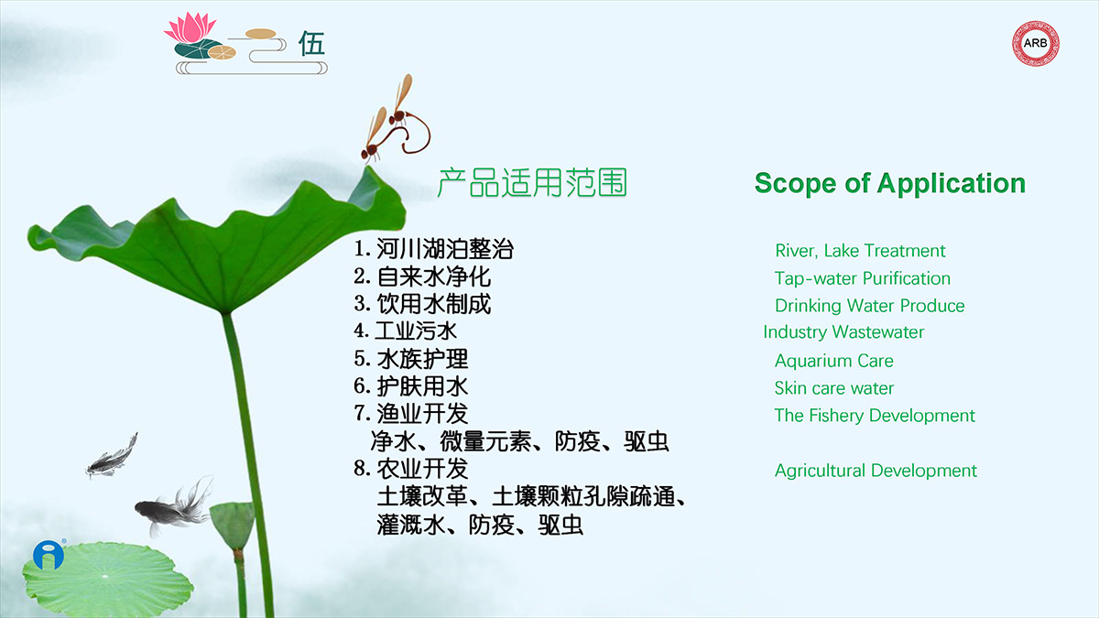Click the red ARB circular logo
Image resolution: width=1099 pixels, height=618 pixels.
(x=1035, y=43)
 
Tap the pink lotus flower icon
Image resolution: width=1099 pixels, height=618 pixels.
(x=190, y=27)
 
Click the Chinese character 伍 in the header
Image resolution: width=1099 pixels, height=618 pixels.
(x=311, y=44)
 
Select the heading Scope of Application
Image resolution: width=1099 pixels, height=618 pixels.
(x=890, y=183)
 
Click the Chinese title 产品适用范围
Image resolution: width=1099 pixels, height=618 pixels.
(x=532, y=182)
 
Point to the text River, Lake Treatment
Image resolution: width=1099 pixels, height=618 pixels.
(x=860, y=251)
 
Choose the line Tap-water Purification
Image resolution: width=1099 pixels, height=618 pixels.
(x=863, y=278)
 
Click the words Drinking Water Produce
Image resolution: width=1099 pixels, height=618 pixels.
(x=869, y=306)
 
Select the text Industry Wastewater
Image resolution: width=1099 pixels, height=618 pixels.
(x=843, y=332)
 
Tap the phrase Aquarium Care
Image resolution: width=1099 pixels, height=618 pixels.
(x=834, y=361)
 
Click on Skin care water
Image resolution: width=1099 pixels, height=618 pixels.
(x=834, y=388)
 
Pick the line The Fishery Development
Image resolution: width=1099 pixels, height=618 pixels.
(x=875, y=416)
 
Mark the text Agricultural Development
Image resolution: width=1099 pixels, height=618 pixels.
(x=876, y=471)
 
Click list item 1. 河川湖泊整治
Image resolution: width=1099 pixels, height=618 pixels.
(x=433, y=249)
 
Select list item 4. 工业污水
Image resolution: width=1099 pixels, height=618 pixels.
(x=405, y=331)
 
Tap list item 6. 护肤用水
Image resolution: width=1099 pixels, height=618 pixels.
(x=410, y=386)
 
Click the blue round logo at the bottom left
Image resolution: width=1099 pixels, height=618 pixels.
(x=49, y=555)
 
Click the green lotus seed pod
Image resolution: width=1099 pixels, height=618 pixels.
(x=233, y=525)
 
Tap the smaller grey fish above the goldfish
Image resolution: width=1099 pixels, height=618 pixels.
(x=112, y=456)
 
